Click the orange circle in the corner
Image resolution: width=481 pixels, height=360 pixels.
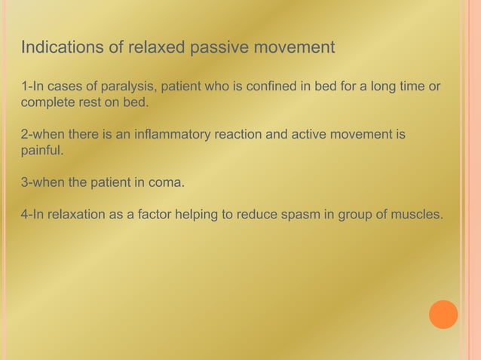443,314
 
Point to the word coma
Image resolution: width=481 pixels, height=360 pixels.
166,183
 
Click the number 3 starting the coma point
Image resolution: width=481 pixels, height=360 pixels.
24,183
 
